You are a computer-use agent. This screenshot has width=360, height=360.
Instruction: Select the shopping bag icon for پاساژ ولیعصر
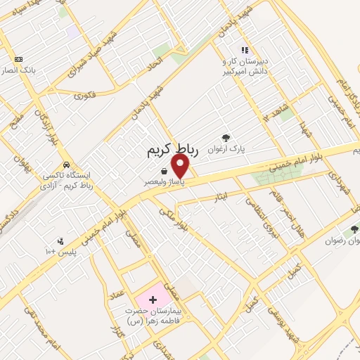pos(164,171)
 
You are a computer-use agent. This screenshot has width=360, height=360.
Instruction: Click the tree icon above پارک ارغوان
pos(225,139)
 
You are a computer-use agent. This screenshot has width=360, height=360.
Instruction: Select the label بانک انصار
pos(18,70)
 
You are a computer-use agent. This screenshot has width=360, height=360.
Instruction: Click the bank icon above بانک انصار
pos(18,59)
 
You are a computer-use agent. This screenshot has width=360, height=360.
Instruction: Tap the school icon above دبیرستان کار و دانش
pos(244,50)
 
